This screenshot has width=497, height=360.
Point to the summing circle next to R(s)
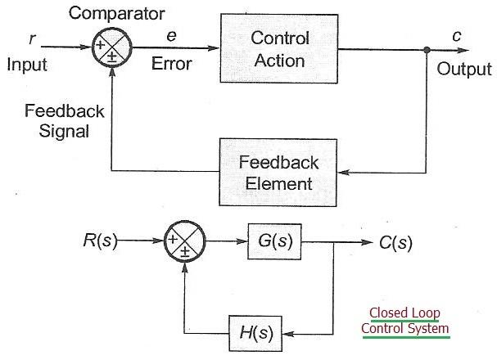(186, 243)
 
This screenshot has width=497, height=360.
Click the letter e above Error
(171, 36)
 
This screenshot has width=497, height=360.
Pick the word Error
(172, 63)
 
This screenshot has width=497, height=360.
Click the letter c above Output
(455, 36)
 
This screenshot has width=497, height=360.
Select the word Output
(464, 69)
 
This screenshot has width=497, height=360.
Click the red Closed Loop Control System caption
(405, 321)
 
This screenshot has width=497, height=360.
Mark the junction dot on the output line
(427, 50)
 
